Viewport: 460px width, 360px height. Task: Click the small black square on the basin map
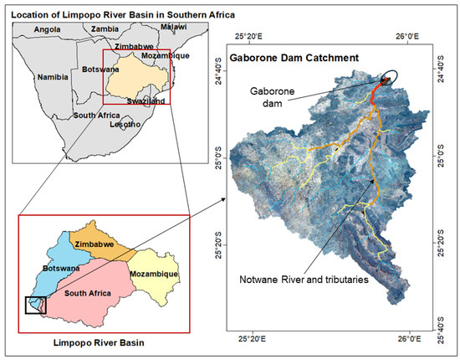tap(35, 306)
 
